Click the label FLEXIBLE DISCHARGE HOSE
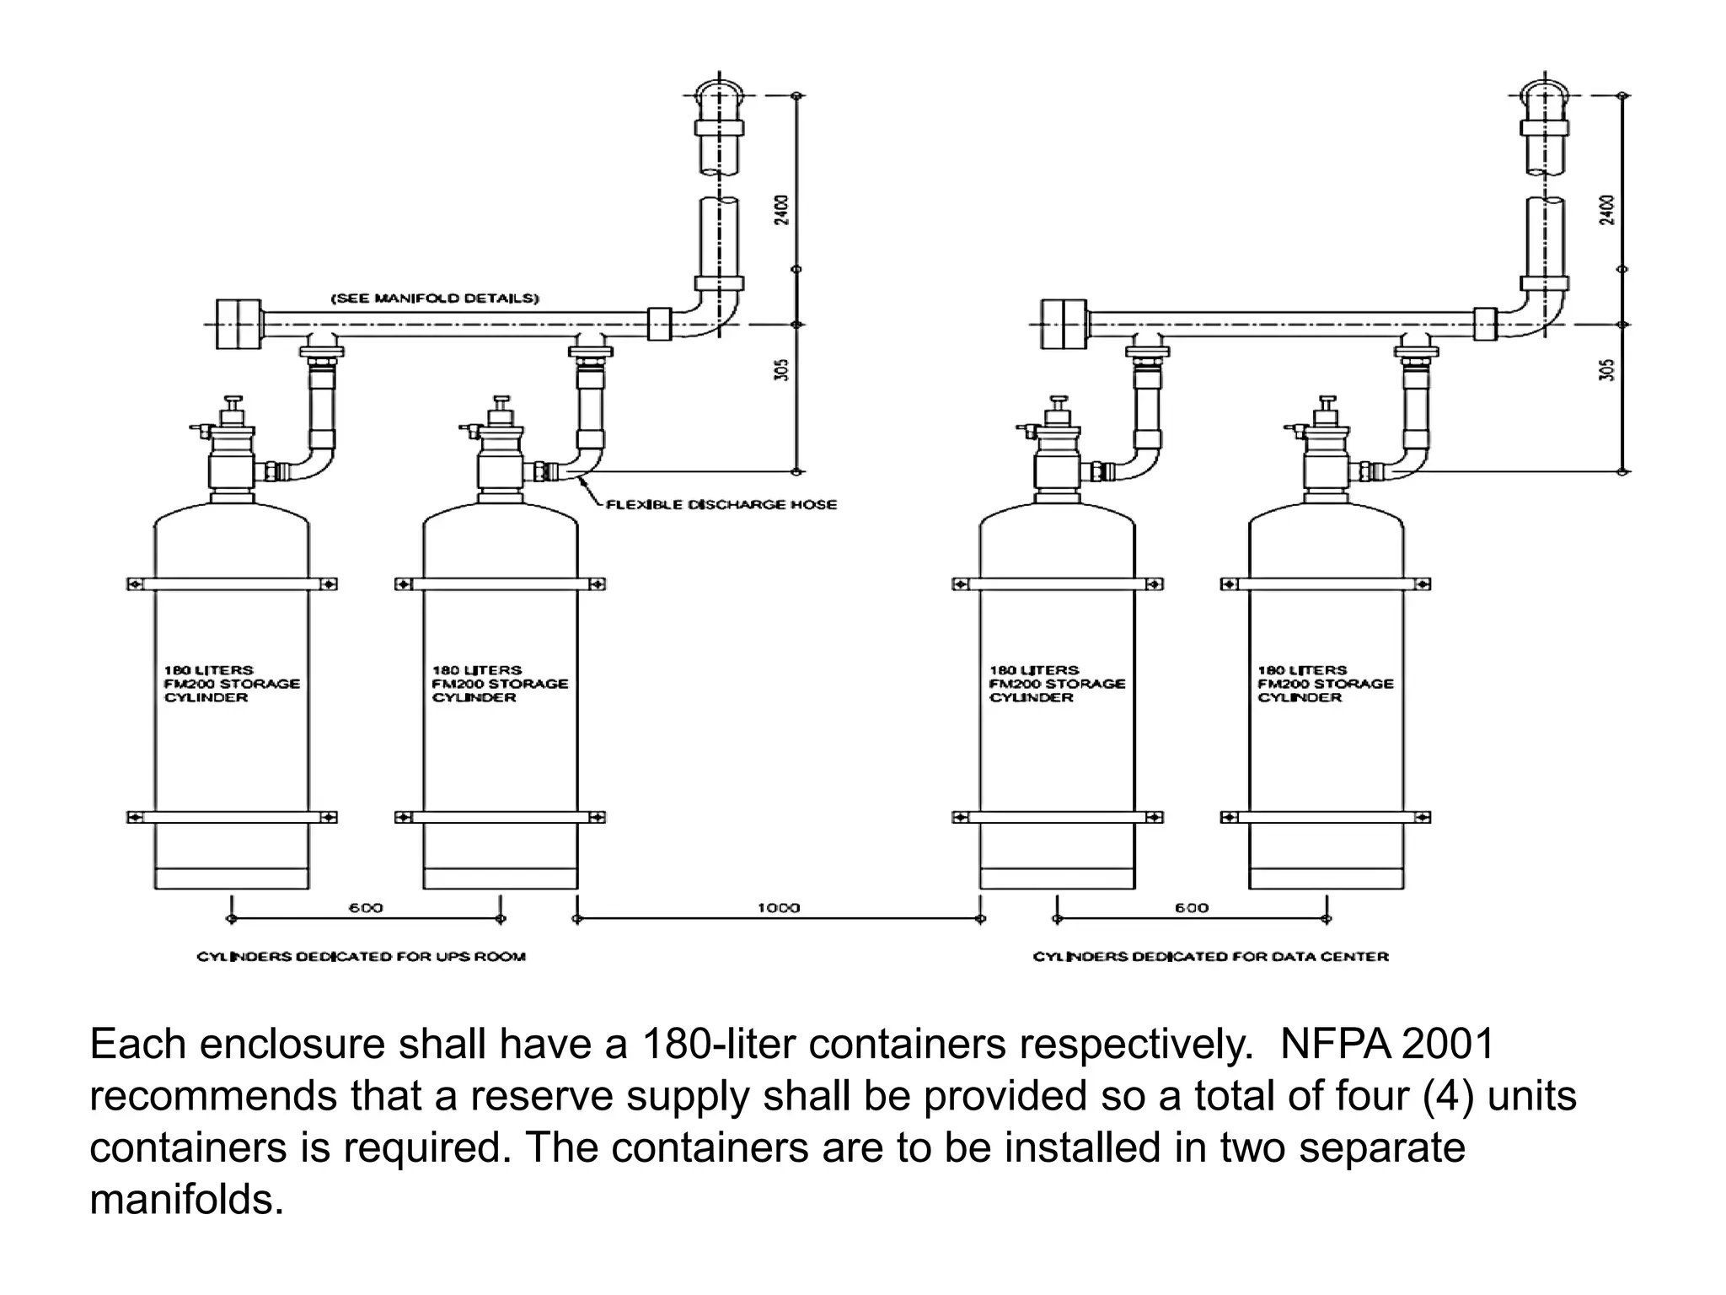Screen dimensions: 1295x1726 (721, 504)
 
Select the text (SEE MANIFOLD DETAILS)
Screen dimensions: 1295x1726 (434, 298)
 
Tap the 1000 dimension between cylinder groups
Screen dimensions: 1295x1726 (778, 908)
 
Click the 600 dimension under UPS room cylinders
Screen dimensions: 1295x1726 (366, 908)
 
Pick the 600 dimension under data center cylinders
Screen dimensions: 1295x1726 (1192, 908)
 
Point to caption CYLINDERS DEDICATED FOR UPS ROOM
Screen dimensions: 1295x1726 (361, 956)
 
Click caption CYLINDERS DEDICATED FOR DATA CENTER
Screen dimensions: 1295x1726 (1210, 956)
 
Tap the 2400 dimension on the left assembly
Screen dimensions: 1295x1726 (782, 210)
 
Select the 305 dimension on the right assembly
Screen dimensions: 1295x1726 (1608, 370)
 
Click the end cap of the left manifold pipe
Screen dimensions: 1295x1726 (239, 324)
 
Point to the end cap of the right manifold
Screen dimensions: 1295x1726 (1064, 324)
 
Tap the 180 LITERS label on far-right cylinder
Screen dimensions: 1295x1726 (1302, 669)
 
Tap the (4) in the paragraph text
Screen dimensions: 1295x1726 (1449, 1096)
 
